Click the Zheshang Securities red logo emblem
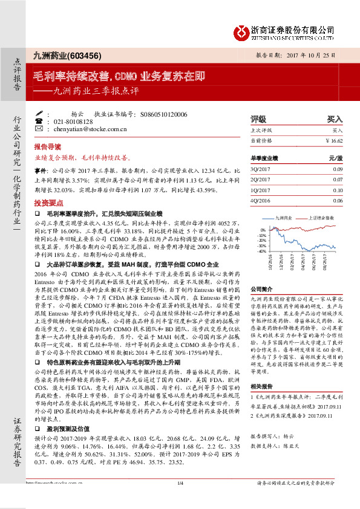[x=242, y=30]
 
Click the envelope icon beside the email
[x=39, y=129]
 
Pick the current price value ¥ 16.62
[x=333, y=140]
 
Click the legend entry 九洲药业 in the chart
[x=284, y=217]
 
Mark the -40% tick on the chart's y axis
[x=261, y=251]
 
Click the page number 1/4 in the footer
[x=180, y=499]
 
